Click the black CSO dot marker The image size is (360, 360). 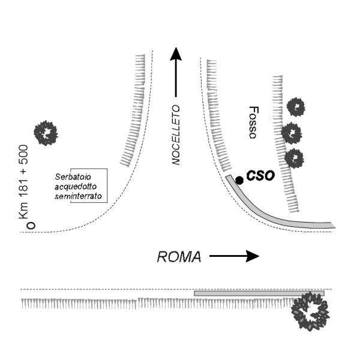click(x=239, y=180)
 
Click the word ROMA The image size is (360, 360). click(x=178, y=257)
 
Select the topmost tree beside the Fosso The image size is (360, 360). click(x=295, y=108)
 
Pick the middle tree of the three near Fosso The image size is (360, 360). click(x=292, y=131)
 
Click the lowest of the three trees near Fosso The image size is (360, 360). click(x=293, y=158)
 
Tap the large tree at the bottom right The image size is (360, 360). click(x=310, y=312)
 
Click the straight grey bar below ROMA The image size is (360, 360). click(x=259, y=293)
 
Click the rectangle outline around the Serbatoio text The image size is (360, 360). click(x=107, y=186)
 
